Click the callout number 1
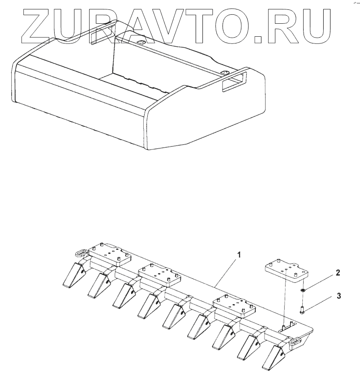pyautogui.click(x=240, y=254)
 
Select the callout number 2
pyautogui.click(x=338, y=272)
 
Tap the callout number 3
pyautogui.click(x=339, y=296)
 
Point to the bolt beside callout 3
pyautogui.click(x=303, y=309)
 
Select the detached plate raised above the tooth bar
pyautogui.click(x=285, y=272)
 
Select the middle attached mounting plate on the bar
pyautogui.click(x=159, y=275)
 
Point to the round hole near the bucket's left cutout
pyautogui.click(x=139, y=42)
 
